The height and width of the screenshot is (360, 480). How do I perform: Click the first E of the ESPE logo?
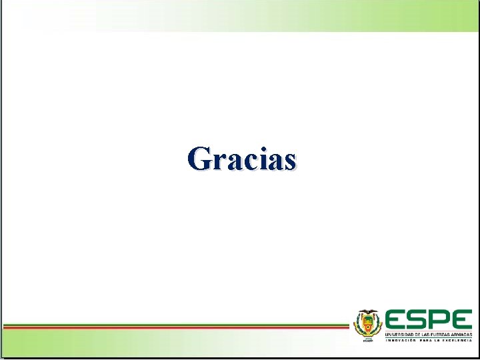(396, 319)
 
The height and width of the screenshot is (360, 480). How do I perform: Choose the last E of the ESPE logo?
(461, 319)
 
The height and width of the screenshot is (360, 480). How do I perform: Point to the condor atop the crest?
(365, 313)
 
